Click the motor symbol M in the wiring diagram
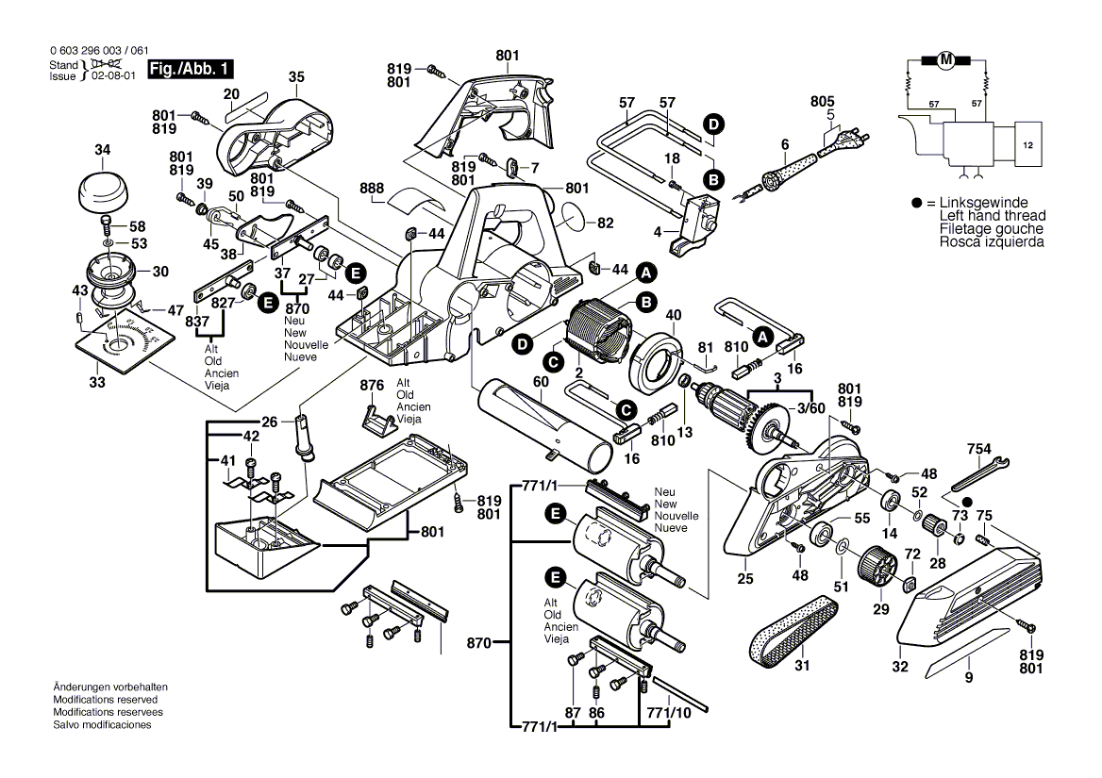(944, 61)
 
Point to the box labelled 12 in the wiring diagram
(1028, 146)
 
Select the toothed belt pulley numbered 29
(877, 571)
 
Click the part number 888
(373, 188)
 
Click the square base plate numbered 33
(123, 345)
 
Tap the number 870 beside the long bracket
(478, 643)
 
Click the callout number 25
(745, 578)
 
